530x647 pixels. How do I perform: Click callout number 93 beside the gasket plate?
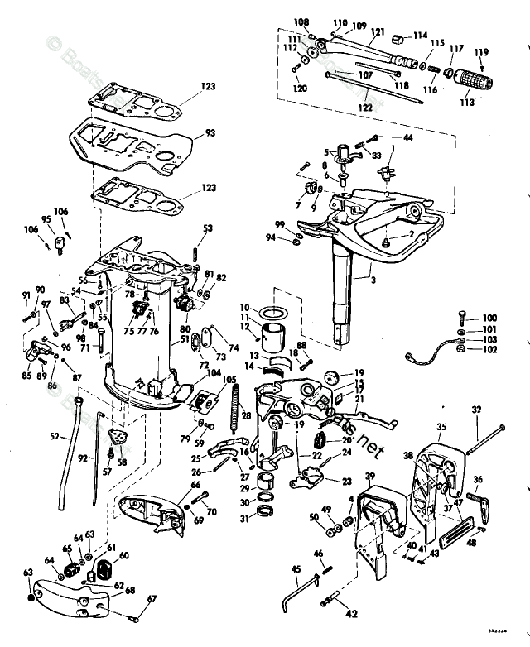click(210, 133)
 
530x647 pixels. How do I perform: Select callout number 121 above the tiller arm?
click(378, 32)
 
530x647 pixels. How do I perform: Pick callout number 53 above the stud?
click(207, 228)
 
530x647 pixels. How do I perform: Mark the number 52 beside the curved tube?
click(55, 436)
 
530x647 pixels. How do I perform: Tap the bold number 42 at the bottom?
click(351, 614)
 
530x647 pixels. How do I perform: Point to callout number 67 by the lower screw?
click(151, 598)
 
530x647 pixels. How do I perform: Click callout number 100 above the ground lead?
click(490, 319)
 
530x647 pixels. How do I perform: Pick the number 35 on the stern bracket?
click(441, 427)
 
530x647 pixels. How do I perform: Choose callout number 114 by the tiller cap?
click(421, 36)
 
